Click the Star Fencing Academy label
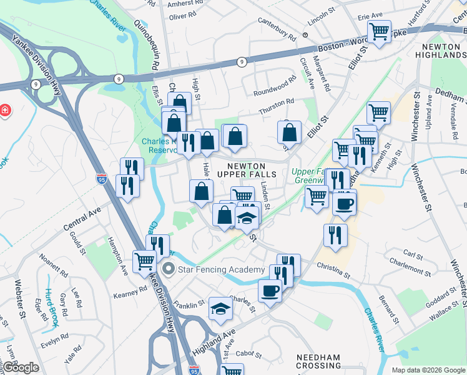click(221, 269)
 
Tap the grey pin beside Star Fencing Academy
click(168, 269)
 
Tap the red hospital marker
click(5, 111)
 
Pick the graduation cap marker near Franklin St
click(220, 308)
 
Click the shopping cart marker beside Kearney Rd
click(144, 261)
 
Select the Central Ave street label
click(82, 219)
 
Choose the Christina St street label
click(332, 271)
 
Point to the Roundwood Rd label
click(273, 87)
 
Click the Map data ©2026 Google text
click(428, 369)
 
